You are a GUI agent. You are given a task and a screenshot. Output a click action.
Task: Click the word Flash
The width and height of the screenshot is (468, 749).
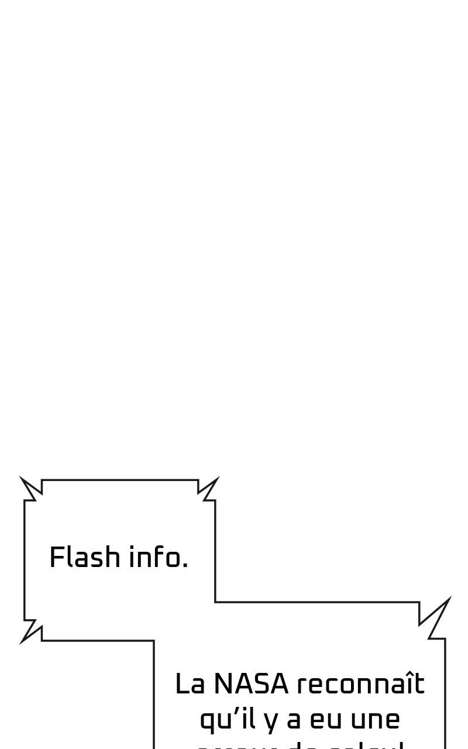(x=85, y=557)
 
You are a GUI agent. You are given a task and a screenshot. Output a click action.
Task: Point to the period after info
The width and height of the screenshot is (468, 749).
(x=185, y=567)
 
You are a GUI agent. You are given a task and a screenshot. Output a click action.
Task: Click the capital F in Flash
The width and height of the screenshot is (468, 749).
(x=56, y=557)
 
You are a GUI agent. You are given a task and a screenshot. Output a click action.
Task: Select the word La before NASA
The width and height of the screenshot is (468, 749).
(x=190, y=684)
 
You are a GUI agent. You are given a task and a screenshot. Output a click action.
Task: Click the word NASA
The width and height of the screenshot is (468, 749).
(x=251, y=684)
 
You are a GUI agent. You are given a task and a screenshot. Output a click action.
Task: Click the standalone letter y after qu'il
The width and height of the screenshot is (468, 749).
(x=270, y=721)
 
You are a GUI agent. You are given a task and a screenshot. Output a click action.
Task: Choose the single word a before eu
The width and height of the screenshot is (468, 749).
(x=294, y=720)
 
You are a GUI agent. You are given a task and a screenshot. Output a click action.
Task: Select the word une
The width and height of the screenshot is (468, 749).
(x=375, y=720)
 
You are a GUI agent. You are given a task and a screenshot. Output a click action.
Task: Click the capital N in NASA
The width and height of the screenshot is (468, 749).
(x=223, y=684)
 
